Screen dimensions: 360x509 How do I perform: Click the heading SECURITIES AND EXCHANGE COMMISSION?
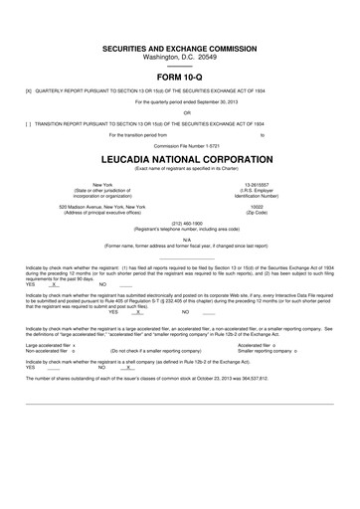tap(180, 48)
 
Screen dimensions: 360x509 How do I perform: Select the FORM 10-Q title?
tap(180, 79)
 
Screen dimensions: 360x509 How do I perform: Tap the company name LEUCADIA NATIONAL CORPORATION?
tap(180, 158)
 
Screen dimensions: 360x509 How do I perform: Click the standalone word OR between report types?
tap(180, 112)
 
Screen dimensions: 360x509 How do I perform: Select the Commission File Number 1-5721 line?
tap(180, 144)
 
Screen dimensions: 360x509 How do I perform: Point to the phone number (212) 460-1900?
tap(180, 223)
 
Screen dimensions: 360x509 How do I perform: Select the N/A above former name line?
tap(180, 239)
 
